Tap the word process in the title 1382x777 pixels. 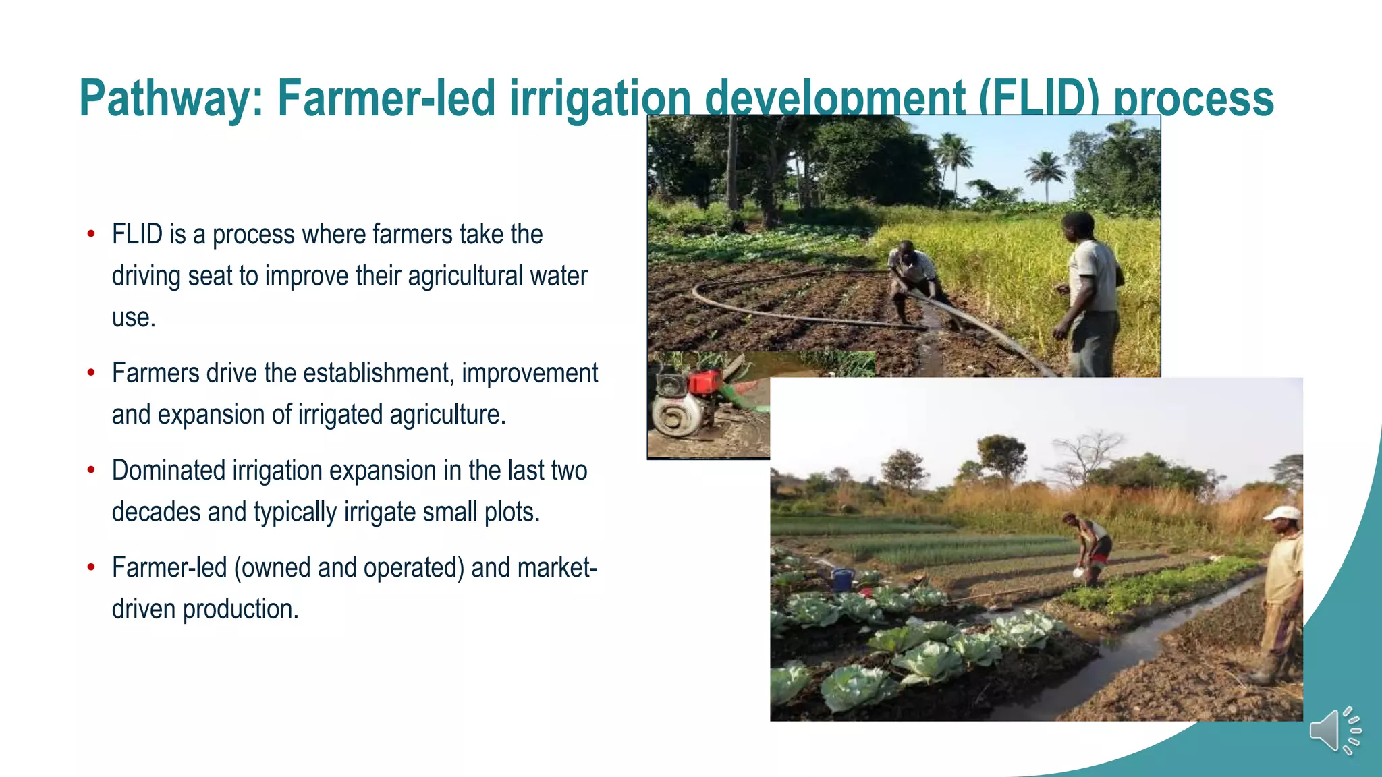(1193, 98)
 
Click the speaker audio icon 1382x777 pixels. (1334, 731)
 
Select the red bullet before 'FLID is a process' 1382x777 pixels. (91, 234)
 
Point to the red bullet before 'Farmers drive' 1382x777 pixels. (91, 372)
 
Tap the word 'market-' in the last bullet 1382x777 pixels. (557, 567)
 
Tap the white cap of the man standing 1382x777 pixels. (1281, 513)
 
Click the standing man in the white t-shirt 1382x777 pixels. (1091, 290)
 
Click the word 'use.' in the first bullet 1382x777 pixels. (134, 318)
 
